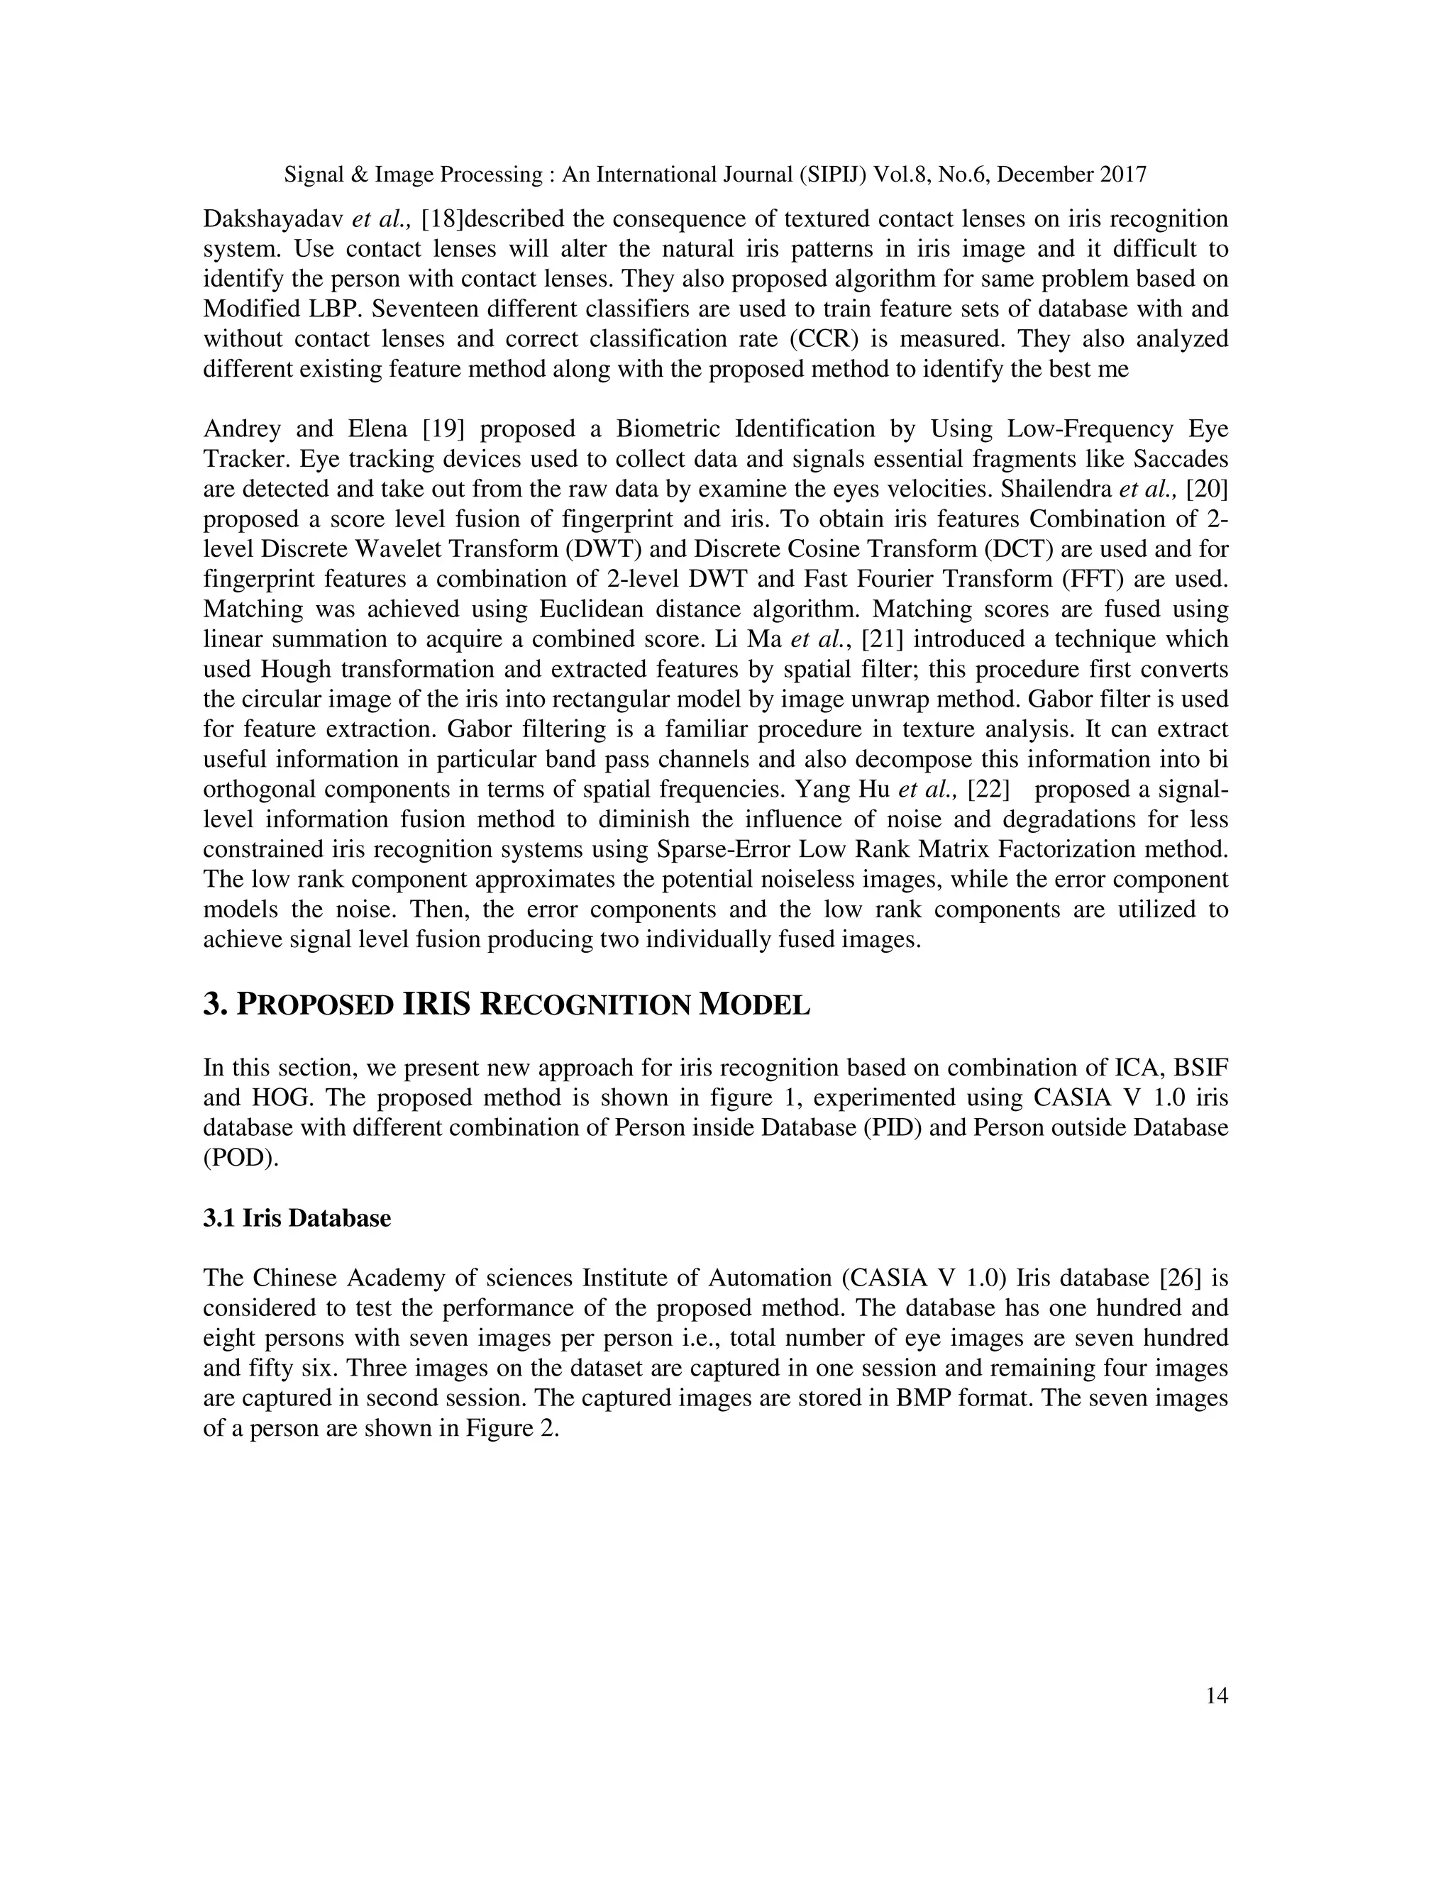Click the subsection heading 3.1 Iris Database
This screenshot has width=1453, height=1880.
[x=297, y=1219]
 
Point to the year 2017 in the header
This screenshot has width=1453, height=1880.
[x=1122, y=175]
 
